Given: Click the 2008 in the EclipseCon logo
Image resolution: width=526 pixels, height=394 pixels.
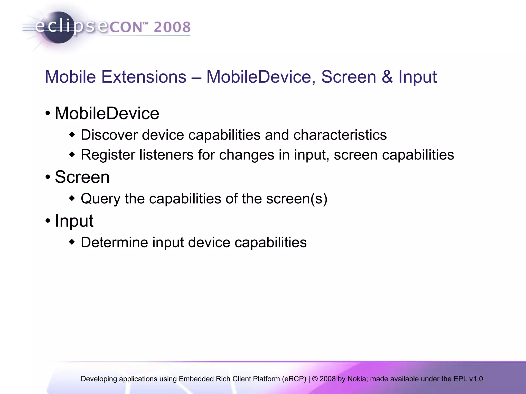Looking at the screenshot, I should pos(172,27).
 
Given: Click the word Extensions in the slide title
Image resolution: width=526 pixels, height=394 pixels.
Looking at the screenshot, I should pos(144,77).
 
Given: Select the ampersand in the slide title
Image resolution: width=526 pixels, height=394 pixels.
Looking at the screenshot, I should pos(387,77).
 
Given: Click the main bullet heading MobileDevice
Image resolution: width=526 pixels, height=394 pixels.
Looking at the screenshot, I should pos(107,113).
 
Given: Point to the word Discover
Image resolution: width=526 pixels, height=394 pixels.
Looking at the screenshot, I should pos(109,135).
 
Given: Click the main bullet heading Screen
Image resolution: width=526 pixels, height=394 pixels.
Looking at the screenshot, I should pos(82,177).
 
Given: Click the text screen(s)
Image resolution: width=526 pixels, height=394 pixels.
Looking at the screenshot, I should pos(297,199).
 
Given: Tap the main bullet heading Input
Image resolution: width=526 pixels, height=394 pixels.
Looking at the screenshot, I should pos(74,221).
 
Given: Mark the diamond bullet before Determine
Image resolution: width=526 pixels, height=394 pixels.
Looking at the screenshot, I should pos(72,242).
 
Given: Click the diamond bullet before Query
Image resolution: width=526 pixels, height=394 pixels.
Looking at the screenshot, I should pos(72,198).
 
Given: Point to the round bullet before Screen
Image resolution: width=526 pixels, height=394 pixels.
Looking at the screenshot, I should pos(48,177).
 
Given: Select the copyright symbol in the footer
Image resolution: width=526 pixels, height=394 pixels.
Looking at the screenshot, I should pos(315,379).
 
